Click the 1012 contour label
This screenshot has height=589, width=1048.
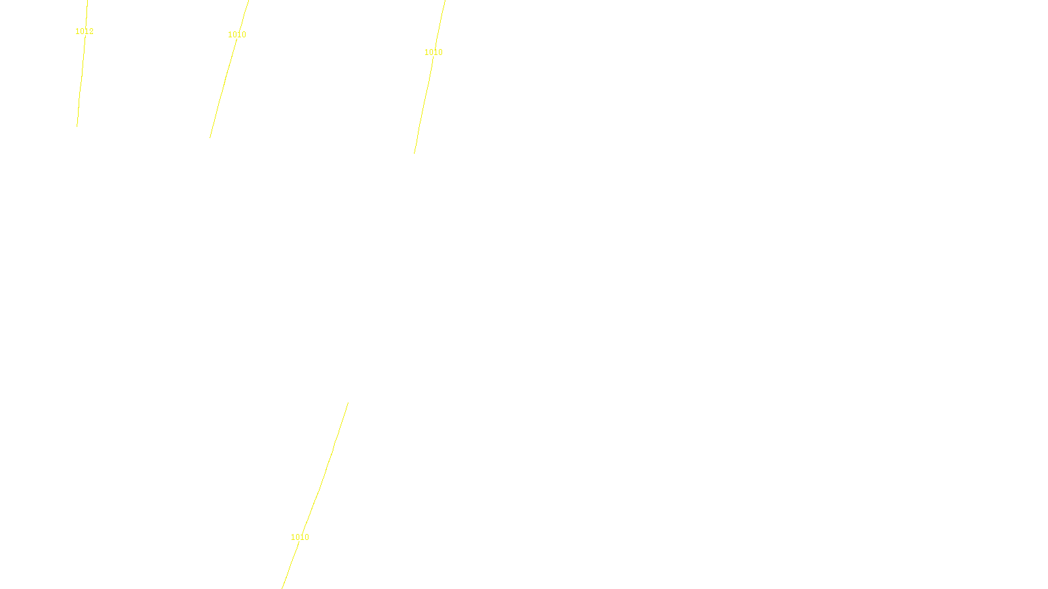(84, 31)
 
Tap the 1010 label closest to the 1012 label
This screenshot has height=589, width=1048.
(237, 35)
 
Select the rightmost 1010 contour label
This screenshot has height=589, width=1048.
(434, 52)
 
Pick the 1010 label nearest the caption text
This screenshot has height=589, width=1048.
(300, 537)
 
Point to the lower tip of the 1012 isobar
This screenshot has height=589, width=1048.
(77, 126)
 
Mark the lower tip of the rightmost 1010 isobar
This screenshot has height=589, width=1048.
(415, 154)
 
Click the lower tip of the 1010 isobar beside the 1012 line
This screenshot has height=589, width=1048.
(210, 137)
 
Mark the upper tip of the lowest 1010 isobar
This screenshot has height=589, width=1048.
(348, 402)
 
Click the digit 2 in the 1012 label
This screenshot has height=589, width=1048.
(91, 31)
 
